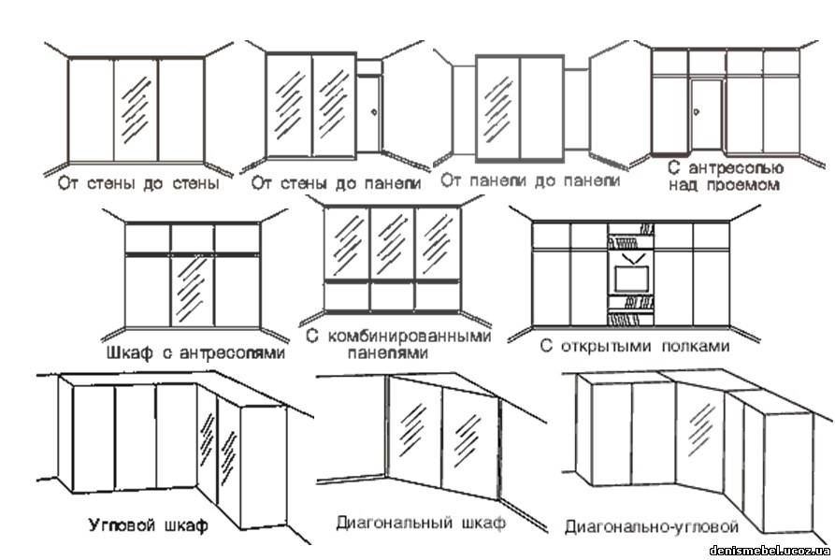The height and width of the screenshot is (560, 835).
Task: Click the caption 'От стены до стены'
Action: click(x=138, y=184)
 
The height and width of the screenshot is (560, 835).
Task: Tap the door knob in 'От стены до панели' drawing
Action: click(x=374, y=112)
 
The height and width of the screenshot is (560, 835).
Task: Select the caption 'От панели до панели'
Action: click(x=530, y=181)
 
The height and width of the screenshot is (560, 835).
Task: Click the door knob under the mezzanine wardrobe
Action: click(x=696, y=112)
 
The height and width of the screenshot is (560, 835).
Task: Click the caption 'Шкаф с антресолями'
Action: click(x=195, y=353)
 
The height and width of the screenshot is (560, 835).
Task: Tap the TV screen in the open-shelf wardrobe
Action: click(x=631, y=279)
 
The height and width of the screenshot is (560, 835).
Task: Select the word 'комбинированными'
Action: click(x=409, y=337)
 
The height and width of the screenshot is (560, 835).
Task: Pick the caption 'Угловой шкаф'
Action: click(x=148, y=526)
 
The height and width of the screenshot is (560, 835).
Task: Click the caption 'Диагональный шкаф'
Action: click(x=421, y=523)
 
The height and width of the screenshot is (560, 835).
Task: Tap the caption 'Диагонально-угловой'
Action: click(x=652, y=527)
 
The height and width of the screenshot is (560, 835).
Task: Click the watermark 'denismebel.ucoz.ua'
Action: click(x=770, y=551)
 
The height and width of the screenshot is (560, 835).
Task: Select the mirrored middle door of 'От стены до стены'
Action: click(x=136, y=109)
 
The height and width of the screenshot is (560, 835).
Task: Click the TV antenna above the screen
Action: click(x=631, y=259)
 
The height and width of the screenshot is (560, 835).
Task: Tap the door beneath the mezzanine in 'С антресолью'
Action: click(x=707, y=114)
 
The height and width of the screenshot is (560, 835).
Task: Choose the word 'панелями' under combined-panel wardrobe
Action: click(x=388, y=353)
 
